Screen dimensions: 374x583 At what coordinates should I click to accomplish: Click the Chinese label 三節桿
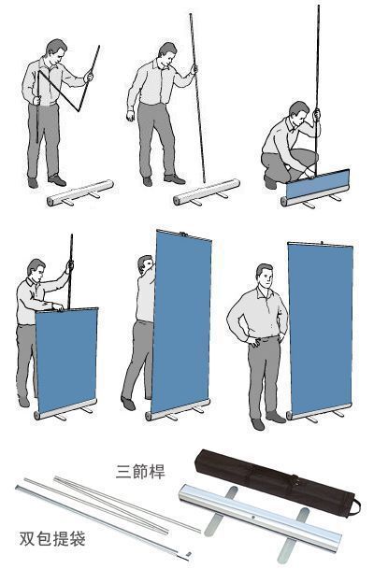point(140,472)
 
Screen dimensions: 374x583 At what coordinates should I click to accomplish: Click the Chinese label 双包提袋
point(52,538)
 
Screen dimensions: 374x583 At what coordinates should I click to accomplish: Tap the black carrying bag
point(276,482)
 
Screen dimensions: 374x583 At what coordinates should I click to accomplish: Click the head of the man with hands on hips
point(265,276)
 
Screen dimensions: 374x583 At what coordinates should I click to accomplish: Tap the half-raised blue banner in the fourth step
point(67,359)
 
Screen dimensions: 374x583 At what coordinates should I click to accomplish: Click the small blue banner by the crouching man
point(318,184)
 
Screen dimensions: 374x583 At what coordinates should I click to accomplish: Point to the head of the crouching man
point(299,113)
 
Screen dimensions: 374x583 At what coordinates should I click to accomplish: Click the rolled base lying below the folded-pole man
point(80,192)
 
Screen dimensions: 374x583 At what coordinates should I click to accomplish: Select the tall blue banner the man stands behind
point(182,320)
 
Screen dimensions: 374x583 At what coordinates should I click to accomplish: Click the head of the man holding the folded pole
point(56,51)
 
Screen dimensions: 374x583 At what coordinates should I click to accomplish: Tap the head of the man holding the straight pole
point(167,54)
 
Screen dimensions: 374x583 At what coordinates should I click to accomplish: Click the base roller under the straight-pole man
point(207,192)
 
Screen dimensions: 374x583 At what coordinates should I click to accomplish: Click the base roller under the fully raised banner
point(319,412)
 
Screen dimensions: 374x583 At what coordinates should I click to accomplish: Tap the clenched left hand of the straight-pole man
point(130,115)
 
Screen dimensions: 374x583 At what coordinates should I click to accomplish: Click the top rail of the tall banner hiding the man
point(184,235)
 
